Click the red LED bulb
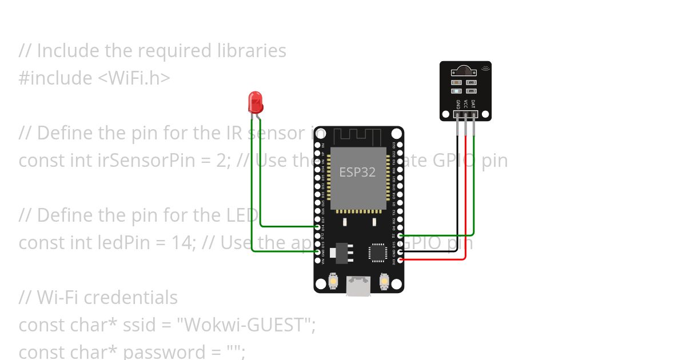tap(255, 103)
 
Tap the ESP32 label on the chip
tap(357, 172)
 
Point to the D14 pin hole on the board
tap(318, 227)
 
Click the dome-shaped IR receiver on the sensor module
tap(464, 71)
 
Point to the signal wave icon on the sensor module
tap(485, 68)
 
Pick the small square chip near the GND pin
tap(378, 252)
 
